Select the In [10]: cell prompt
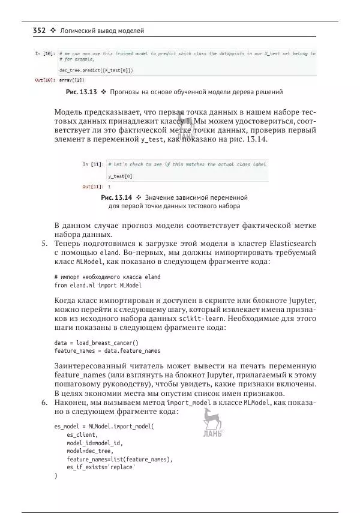coord(46,53)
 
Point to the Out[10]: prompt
coord(45,79)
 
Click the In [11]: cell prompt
coord(93,164)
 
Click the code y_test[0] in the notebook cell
coord(121,176)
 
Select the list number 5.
coord(44,243)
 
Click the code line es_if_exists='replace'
coord(101,467)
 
